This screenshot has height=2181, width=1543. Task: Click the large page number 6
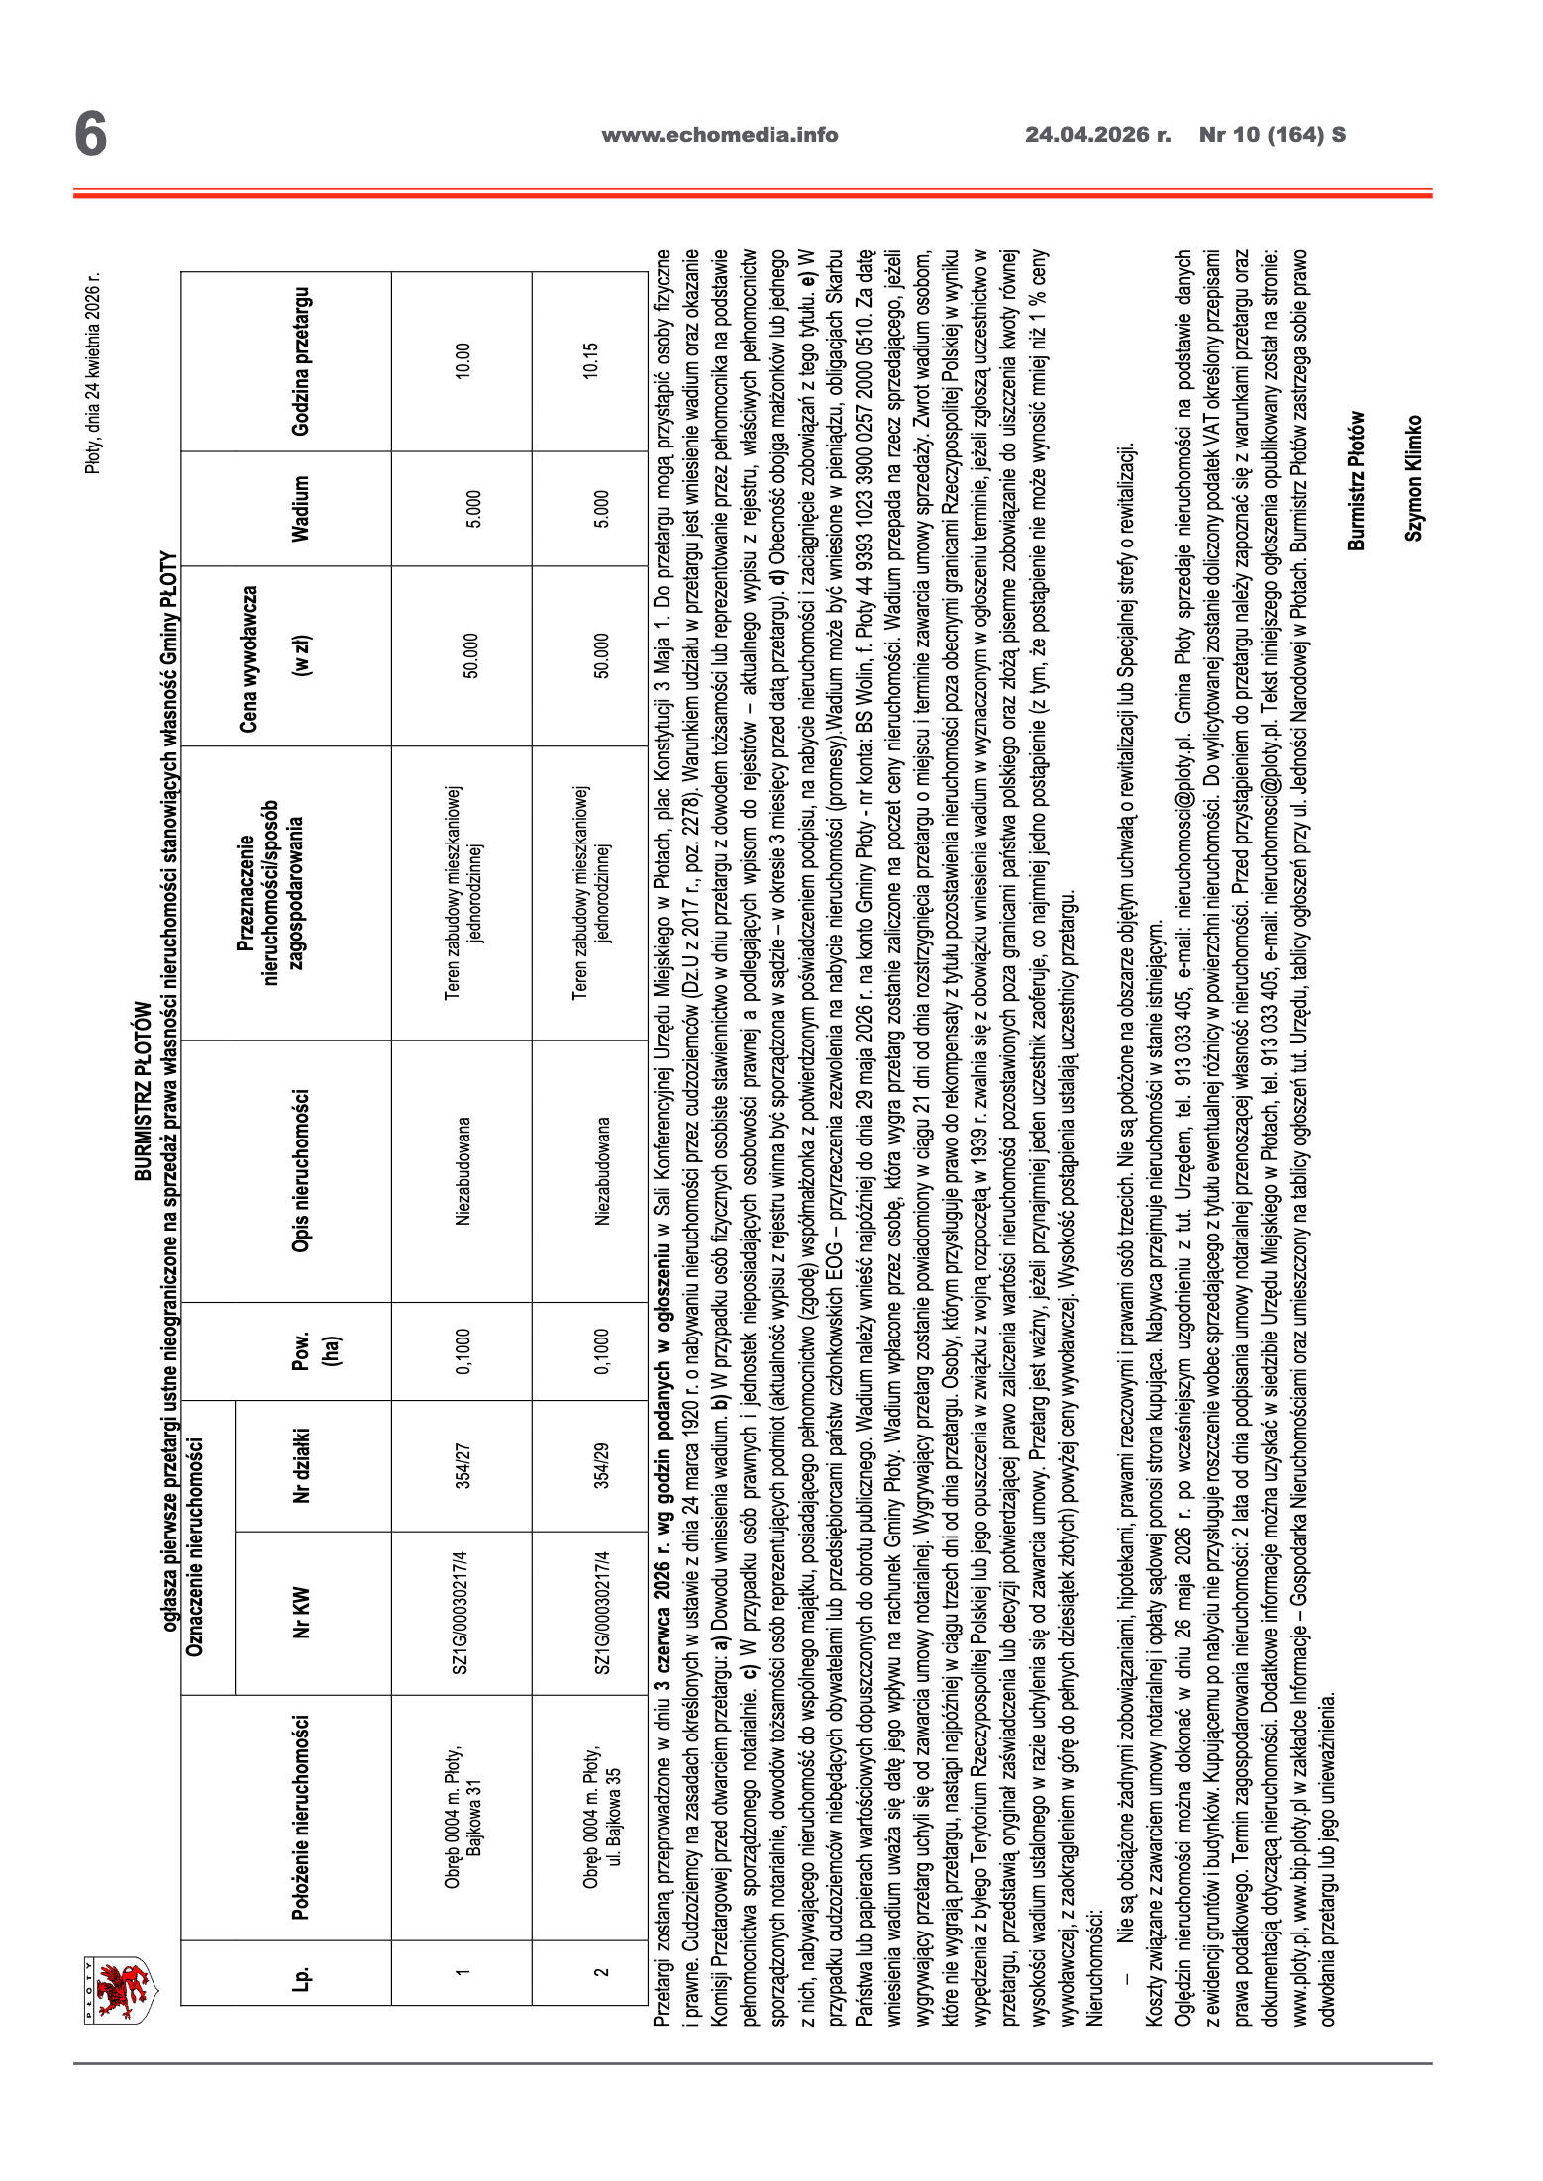(x=90, y=135)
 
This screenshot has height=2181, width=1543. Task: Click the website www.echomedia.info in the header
(x=719, y=136)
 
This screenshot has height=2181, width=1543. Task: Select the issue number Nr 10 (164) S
(x=1272, y=136)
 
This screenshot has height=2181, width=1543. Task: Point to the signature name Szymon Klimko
(x=1413, y=476)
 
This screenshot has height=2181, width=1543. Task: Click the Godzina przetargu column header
(x=300, y=360)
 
